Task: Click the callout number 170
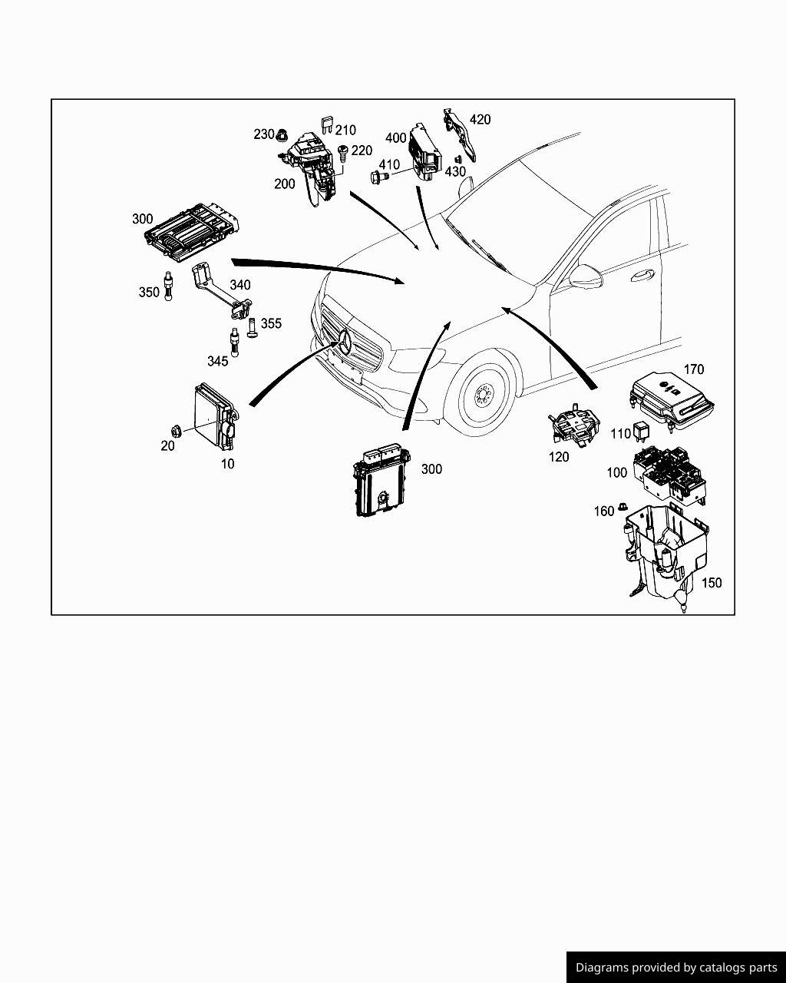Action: [x=693, y=369]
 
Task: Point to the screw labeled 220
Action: [x=343, y=152]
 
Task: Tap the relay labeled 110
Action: [x=641, y=432]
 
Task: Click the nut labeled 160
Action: [x=623, y=508]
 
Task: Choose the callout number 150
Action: [x=712, y=583]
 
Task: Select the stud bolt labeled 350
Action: [x=167, y=285]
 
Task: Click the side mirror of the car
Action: [x=583, y=273]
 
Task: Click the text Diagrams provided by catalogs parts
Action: [x=676, y=968]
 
